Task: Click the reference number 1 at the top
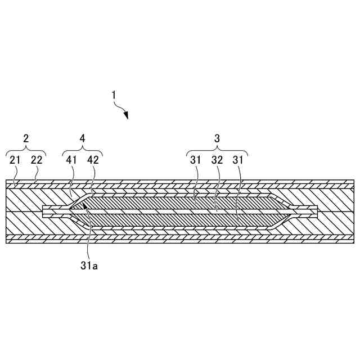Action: (x=114, y=96)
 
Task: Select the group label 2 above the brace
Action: (x=25, y=138)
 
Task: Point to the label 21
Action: (x=15, y=160)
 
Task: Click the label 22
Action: (x=36, y=160)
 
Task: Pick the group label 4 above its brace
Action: (x=83, y=138)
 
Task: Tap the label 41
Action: (x=73, y=160)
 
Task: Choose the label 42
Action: (x=93, y=160)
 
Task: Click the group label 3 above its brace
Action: (x=217, y=138)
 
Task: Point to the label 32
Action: (x=217, y=160)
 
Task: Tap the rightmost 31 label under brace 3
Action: (x=239, y=160)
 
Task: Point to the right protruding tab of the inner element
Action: (x=308, y=210)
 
